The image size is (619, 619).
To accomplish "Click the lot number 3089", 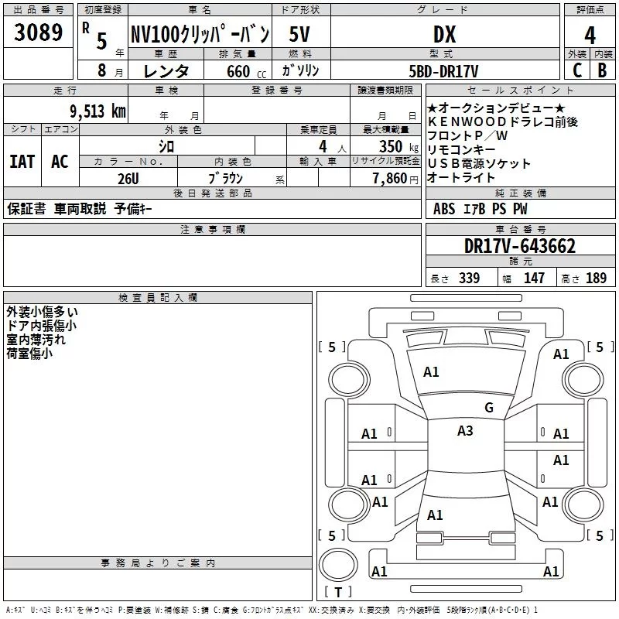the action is pyautogui.click(x=38, y=32).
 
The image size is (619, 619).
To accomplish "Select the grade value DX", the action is pyautogui.click(x=444, y=34).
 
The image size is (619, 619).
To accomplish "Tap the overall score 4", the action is pyautogui.click(x=590, y=36).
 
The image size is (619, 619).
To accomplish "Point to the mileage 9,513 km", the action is pyautogui.click(x=98, y=111).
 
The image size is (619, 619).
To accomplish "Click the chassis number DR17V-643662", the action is pyautogui.click(x=520, y=246).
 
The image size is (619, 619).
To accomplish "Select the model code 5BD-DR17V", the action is pyautogui.click(x=443, y=71).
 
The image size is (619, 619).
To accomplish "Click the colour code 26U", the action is pyautogui.click(x=128, y=179).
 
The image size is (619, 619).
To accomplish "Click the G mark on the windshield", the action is pyautogui.click(x=489, y=408).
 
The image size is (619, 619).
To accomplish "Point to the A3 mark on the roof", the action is pyautogui.click(x=465, y=431).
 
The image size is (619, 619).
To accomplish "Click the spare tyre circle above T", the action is pyautogui.click(x=338, y=565).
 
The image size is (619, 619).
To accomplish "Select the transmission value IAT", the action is pyautogui.click(x=22, y=162).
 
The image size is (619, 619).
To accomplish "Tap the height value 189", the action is pyautogui.click(x=596, y=278).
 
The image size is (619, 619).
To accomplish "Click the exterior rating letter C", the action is pyautogui.click(x=577, y=70).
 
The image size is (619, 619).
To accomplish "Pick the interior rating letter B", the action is pyautogui.click(x=603, y=70).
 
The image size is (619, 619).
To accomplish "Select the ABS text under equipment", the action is pyautogui.click(x=444, y=209).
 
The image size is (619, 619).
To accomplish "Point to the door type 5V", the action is pyautogui.click(x=299, y=34).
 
